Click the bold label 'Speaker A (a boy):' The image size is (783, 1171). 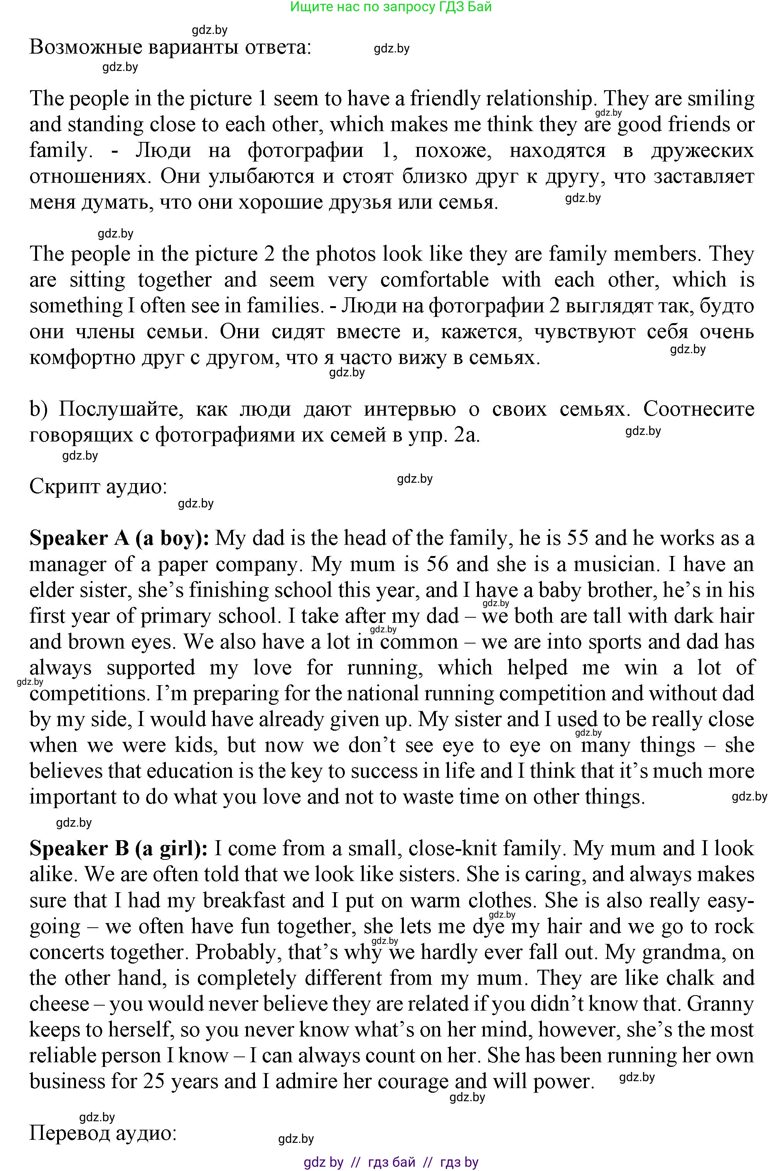pyautogui.click(x=119, y=539)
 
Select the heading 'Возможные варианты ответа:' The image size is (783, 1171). pyautogui.click(x=170, y=48)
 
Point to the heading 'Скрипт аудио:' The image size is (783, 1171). pyautogui.click(x=98, y=486)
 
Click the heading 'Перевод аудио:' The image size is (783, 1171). pyautogui.click(x=103, y=1133)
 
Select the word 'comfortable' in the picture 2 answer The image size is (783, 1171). pyautogui.click(x=434, y=280)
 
